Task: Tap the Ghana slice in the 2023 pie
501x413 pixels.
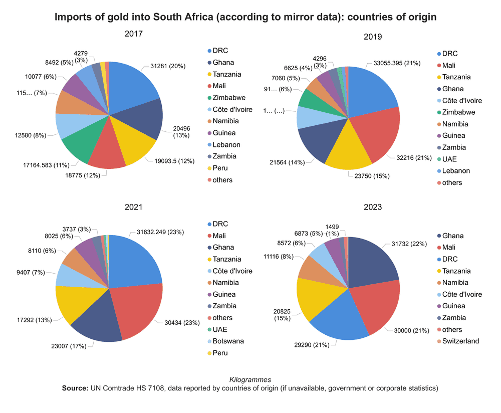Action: [371, 261]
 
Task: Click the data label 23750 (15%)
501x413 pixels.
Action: [368, 176]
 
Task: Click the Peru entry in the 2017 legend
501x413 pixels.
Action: [219, 168]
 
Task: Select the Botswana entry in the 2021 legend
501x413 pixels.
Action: [228, 341]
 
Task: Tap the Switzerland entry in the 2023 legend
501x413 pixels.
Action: [460, 341]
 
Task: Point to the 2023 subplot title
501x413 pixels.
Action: [372, 207]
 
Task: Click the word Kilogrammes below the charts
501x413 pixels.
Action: [250, 380]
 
